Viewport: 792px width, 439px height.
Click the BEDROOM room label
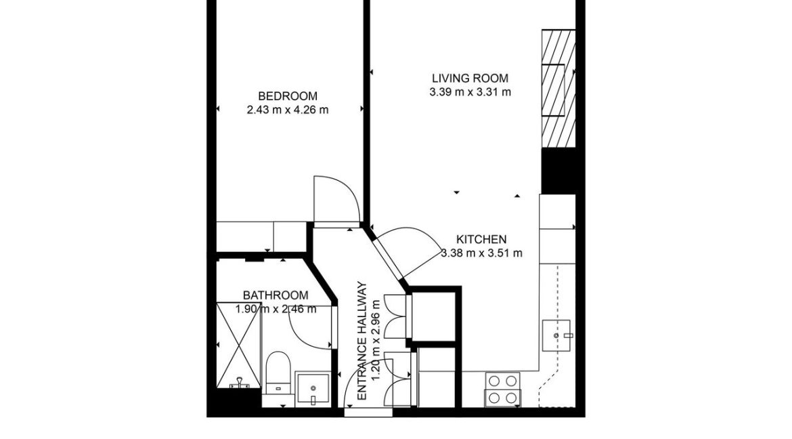(x=287, y=96)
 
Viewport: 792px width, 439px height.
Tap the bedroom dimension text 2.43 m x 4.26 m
(x=288, y=110)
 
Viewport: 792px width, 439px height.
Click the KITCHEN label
(x=481, y=239)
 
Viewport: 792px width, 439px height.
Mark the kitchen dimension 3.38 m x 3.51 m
(x=481, y=253)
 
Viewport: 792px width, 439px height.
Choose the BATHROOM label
(x=276, y=295)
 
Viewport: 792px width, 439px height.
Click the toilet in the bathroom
(x=278, y=372)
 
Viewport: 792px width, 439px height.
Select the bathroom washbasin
(x=313, y=389)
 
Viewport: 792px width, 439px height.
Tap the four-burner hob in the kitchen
(x=503, y=390)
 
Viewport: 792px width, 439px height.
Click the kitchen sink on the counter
(x=558, y=335)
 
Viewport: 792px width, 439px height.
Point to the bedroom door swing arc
(x=336, y=198)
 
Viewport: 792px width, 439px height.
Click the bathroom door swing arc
(x=311, y=329)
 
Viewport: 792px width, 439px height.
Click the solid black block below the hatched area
(x=559, y=170)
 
